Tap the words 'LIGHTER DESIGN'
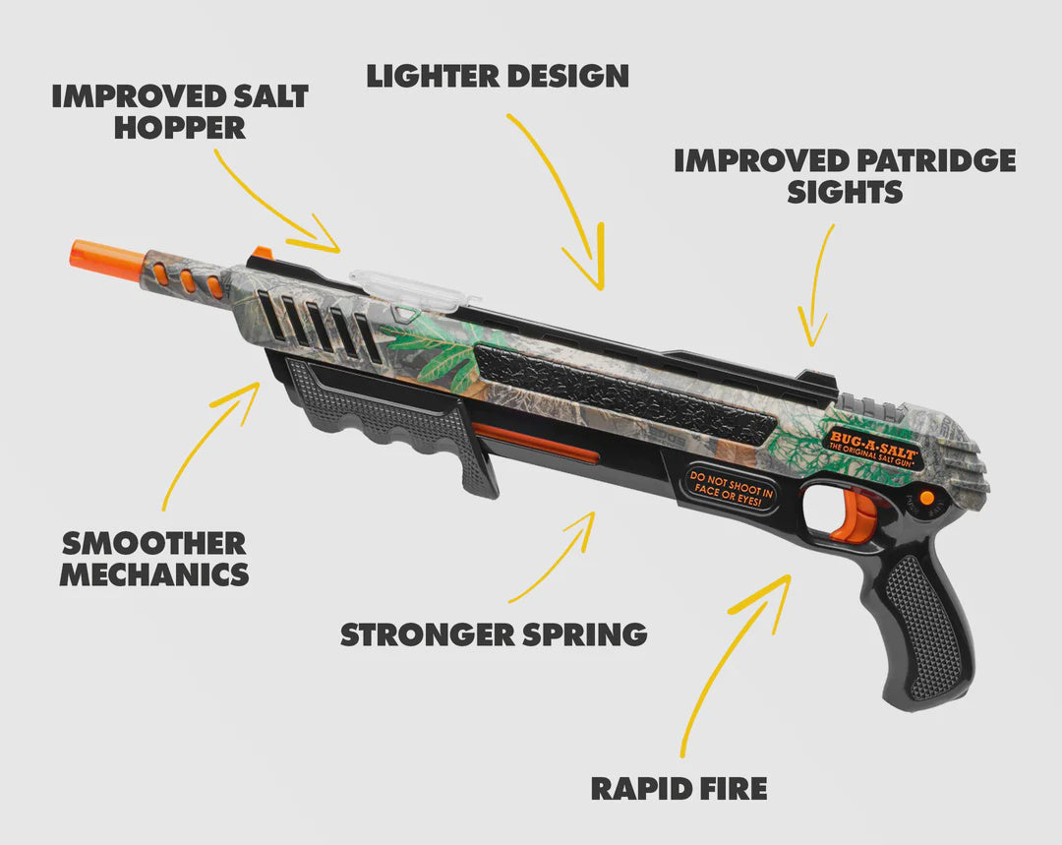tap(498, 76)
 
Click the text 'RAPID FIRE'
tap(678, 789)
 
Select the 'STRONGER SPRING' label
tap(493, 634)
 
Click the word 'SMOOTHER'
tap(153, 543)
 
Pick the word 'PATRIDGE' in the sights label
tap(937, 161)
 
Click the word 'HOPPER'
tap(180, 128)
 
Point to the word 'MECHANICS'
tap(154, 574)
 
